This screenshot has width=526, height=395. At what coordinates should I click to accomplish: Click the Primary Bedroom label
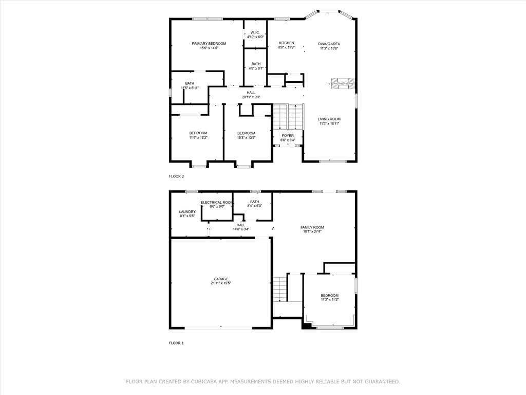(x=209, y=44)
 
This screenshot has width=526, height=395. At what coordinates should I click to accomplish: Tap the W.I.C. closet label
(x=255, y=32)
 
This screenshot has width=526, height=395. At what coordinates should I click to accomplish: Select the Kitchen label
(x=287, y=43)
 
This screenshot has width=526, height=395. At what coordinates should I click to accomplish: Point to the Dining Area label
(x=329, y=44)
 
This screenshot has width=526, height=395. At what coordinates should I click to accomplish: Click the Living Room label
(x=329, y=119)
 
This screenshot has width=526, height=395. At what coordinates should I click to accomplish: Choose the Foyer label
(x=288, y=136)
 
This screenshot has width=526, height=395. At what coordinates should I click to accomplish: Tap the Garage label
(x=221, y=279)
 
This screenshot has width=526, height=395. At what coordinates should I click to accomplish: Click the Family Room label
(x=312, y=227)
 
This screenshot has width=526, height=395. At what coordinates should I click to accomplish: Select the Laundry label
(x=187, y=211)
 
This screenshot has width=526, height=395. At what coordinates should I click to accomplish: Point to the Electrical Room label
(x=217, y=202)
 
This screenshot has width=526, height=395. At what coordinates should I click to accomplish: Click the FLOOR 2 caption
(x=177, y=176)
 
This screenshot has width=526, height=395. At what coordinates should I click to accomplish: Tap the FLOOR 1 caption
(x=177, y=343)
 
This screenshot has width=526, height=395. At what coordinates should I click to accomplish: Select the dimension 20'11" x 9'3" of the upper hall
(x=251, y=97)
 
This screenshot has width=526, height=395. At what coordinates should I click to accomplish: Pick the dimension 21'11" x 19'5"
(x=221, y=283)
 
